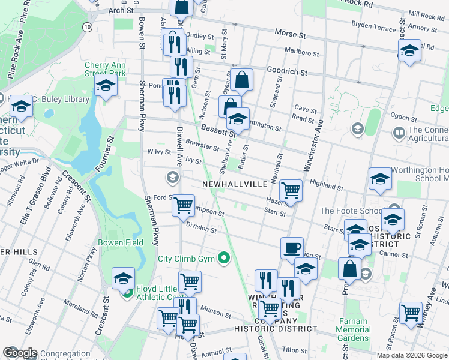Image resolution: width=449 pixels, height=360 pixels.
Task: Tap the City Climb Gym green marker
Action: coord(224,259)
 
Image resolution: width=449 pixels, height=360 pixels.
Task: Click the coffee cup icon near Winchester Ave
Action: coord(292,248)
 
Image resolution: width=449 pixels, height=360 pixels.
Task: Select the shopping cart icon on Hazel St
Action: coord(291,190)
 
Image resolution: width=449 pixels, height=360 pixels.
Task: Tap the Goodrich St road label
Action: coord(287,71)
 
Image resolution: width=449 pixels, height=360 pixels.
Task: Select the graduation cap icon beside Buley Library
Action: coord(21,107)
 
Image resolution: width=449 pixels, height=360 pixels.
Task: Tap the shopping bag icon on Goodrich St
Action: coord(241,79)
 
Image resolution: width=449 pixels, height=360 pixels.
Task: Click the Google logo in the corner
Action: coord(20,353)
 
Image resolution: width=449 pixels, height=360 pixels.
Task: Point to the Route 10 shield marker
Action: coord(88,27)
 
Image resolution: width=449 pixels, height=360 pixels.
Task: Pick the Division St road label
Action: coord(201,227)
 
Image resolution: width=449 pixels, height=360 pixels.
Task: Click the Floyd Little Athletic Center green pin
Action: coord(127,293)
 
